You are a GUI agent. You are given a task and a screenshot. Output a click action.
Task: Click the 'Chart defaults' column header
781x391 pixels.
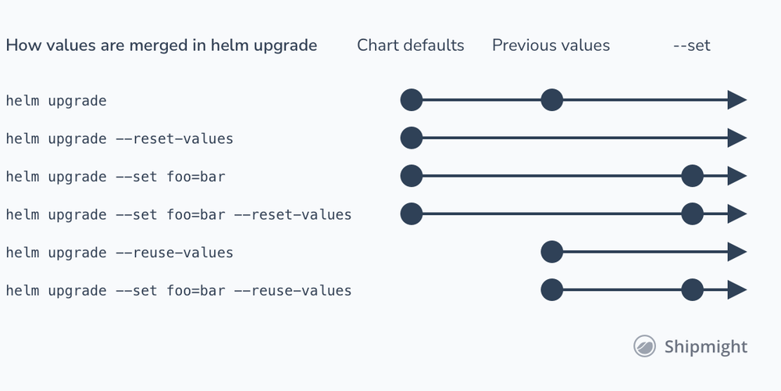tap(411, 45)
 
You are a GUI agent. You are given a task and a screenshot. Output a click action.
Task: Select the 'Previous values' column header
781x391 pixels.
tap(551, 45)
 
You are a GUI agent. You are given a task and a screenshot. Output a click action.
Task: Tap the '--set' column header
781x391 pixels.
tap(691, 46)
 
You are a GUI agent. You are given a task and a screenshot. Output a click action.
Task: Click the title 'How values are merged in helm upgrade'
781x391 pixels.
tap(162, 46)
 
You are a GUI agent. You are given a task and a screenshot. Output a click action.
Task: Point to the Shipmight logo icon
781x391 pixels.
tap(644, 346)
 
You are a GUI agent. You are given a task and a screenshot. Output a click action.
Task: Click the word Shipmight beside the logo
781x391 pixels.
tap(706, 346)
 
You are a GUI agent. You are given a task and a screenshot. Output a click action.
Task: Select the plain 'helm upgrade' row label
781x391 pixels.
tap(56, 101)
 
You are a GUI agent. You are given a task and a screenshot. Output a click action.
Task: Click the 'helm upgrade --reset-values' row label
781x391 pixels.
tap(119, 138)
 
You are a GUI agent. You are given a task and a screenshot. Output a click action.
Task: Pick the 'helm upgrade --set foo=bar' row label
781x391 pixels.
tap(116, 177)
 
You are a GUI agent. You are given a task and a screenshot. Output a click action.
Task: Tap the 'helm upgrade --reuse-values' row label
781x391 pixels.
tap(119, 253)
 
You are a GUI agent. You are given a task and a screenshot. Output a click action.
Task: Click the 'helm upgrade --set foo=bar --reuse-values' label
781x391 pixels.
tap(179, 290)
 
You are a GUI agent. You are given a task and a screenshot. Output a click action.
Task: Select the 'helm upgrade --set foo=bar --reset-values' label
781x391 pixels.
tap(179, 214)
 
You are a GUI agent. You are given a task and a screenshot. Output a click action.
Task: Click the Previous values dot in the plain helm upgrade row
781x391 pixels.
tap(552, 100)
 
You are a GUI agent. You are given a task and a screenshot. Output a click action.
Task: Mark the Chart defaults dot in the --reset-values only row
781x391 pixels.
tap(412, 138)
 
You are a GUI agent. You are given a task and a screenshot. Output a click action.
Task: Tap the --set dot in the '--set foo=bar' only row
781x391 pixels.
tap(692, 176)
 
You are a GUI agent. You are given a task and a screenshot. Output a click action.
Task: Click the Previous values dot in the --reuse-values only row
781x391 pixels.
tap(552, 252)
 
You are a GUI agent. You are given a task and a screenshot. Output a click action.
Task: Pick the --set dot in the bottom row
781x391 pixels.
tap(692, 290)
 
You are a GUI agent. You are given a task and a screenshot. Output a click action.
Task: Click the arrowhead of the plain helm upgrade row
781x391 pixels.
tap(737, 100)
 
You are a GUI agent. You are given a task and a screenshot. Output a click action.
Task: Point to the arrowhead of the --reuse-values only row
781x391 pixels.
tap(737, 252)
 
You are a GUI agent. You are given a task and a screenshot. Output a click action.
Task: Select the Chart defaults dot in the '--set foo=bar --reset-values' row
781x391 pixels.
tap(412, 214)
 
